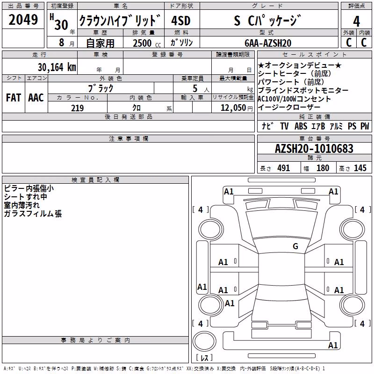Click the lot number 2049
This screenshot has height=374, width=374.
click(x=23, y=20)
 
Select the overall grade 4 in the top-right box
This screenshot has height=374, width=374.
click(x=356, y=22)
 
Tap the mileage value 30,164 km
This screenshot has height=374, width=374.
click(x=57, y=67)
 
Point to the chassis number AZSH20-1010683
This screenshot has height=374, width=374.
click(x=314, y=149)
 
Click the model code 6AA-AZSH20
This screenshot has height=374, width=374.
click(x=268, y=43)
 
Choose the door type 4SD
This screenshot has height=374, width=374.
click(x=181, y=21)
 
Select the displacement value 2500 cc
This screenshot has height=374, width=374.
click(x=147, y=43)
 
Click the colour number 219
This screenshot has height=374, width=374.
click(x=77, y=108)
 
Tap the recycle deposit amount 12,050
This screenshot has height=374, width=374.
click(x=233, y=108)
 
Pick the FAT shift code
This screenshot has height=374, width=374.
click(x=14, y=98)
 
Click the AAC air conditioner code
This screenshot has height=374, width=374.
click(x=36, y=98)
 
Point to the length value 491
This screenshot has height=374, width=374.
click(x=284, y=168)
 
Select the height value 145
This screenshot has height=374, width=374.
click(x=360, y=168)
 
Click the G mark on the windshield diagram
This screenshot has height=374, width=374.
click(x=295, y=246)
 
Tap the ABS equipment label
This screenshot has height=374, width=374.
click(x=301, y=126)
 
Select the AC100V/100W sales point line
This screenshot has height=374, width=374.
click(x=295, y=99)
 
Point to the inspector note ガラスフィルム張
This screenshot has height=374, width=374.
click(x=33, y=214)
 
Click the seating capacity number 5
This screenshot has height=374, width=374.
click(x=195, y=88)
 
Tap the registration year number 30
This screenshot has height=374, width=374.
click(x=61, y=25)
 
